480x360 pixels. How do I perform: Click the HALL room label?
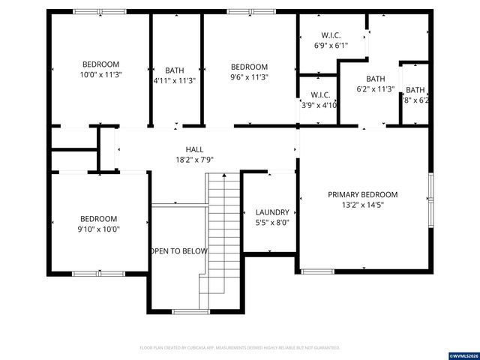point(194,149)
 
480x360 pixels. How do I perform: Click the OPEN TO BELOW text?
point(178,251)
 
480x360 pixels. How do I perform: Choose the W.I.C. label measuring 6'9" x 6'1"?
point(331,35)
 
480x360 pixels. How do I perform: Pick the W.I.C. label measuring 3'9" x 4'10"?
point(320,95)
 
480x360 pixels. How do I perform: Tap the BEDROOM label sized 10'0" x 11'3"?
point(100,64)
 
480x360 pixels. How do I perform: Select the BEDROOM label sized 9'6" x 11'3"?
point(249,67)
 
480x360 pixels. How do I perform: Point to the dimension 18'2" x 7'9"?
point(194,160)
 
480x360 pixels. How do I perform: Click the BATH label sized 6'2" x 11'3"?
point(375,79)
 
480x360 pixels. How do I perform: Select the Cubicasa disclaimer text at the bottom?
point(240,348)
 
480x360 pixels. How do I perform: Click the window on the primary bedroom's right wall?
point(430,199)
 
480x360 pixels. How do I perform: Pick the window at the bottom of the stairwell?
point(191,310)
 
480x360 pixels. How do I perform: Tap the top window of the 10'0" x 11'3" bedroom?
point(100,11)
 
